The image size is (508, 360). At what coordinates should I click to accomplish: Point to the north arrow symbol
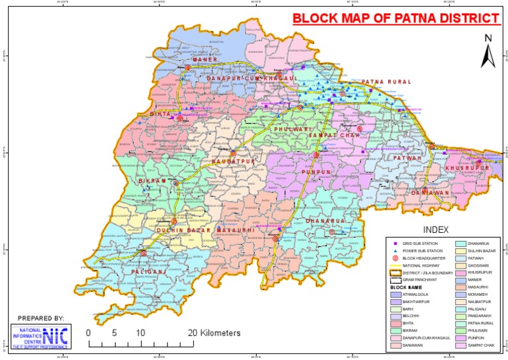(x=487, y=51)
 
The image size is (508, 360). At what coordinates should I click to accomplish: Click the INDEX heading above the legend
(x=436, y=230)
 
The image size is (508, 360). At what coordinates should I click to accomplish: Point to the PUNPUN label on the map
(x=316, y=172)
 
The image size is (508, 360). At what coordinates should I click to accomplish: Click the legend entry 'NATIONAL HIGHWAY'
(x=421, y=265)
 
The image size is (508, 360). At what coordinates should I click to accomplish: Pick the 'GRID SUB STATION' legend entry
(x=421, y=245)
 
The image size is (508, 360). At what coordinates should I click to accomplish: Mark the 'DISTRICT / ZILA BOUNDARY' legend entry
(x=427, y=273)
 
